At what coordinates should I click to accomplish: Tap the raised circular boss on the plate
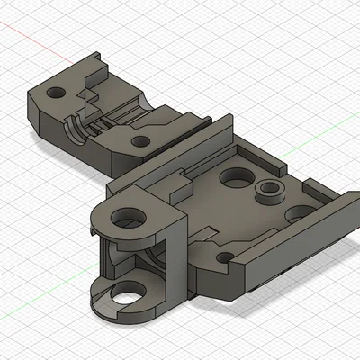pyautogui.click(x=267, y=188)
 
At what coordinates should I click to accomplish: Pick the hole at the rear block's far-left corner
pyautogui.click(x=57, y=93)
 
